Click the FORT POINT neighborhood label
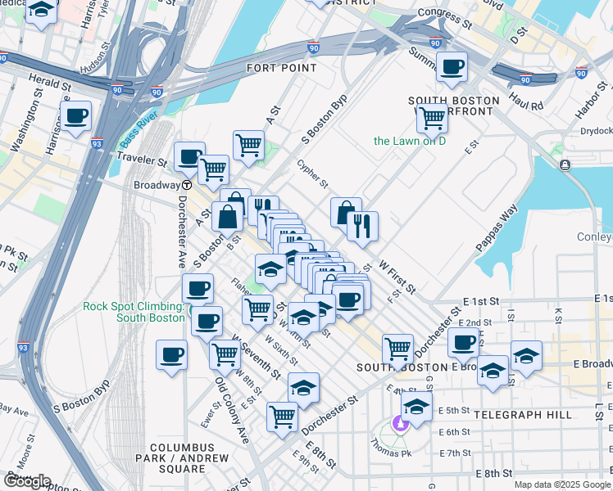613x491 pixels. point(280,68)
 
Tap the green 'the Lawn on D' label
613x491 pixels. point(409,141)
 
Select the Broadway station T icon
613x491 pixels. point(187,185)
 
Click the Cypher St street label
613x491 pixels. point(312,172)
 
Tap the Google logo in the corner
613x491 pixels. point(27,481)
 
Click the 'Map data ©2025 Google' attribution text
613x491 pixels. point(561,484)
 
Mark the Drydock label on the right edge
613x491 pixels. point(595,131)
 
